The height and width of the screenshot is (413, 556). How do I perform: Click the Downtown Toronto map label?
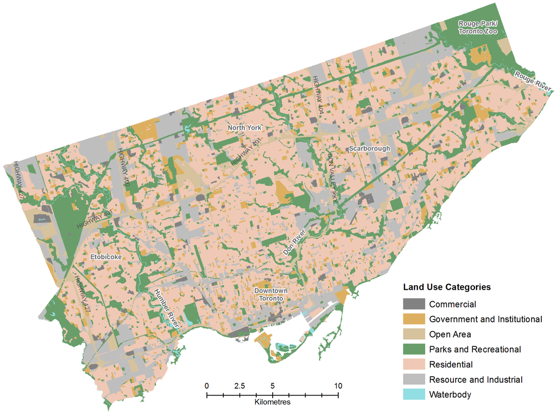click(x=271, y=295)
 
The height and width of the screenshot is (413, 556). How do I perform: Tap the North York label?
click(x=244, y=128)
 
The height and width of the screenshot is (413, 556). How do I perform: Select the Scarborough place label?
click(x=370, y=148)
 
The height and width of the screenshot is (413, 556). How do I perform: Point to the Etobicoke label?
click(x=106, y=257)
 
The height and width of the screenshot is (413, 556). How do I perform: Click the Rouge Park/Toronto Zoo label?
click(x=478, y=27)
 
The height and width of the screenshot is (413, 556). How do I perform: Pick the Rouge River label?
click(x=533, y=81)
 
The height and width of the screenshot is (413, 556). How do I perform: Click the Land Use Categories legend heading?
click(x=447, y=287)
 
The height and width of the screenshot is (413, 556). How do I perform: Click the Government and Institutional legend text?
click(x=485, y=319)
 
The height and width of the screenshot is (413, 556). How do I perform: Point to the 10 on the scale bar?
click(x=338, y=386)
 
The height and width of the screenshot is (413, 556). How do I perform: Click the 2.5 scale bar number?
click(x=239, y=386)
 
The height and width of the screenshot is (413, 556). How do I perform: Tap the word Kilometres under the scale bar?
click(x=272, y=403)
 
